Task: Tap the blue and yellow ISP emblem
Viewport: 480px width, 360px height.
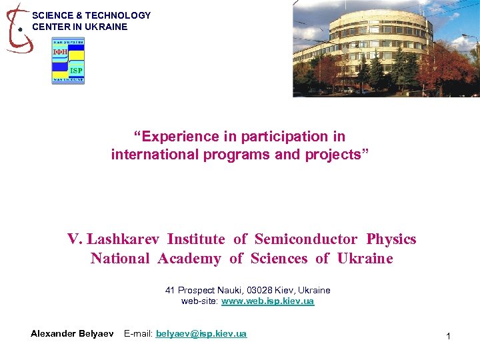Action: pyautogui.click(x=68, y=61)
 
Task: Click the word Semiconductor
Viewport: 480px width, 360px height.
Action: pyautogui.click(x=306, y=239)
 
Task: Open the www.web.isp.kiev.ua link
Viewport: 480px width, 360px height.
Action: pyautogui.click(x=267, y=301)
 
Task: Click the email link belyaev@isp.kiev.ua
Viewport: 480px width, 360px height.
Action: pyautogui.click(x=201, y=333)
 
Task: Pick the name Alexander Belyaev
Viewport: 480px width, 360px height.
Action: pyautogui.click(x=72, y=333)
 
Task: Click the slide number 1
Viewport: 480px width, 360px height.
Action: pyautogui.click(x=448, y=337)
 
